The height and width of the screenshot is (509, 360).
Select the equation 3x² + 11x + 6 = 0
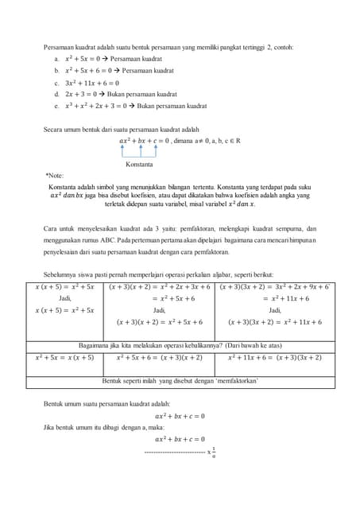91,83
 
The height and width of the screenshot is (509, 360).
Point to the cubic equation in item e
97,105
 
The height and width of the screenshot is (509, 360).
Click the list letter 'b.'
56,71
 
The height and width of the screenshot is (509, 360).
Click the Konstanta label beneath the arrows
139,165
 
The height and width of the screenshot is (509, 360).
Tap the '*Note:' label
55,175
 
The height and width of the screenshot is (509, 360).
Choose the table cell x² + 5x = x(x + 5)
64,358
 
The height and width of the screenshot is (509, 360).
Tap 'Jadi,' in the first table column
65,298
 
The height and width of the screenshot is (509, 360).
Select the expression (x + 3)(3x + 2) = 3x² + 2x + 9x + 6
274,286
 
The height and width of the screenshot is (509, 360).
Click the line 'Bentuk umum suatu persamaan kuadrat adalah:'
106,404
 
